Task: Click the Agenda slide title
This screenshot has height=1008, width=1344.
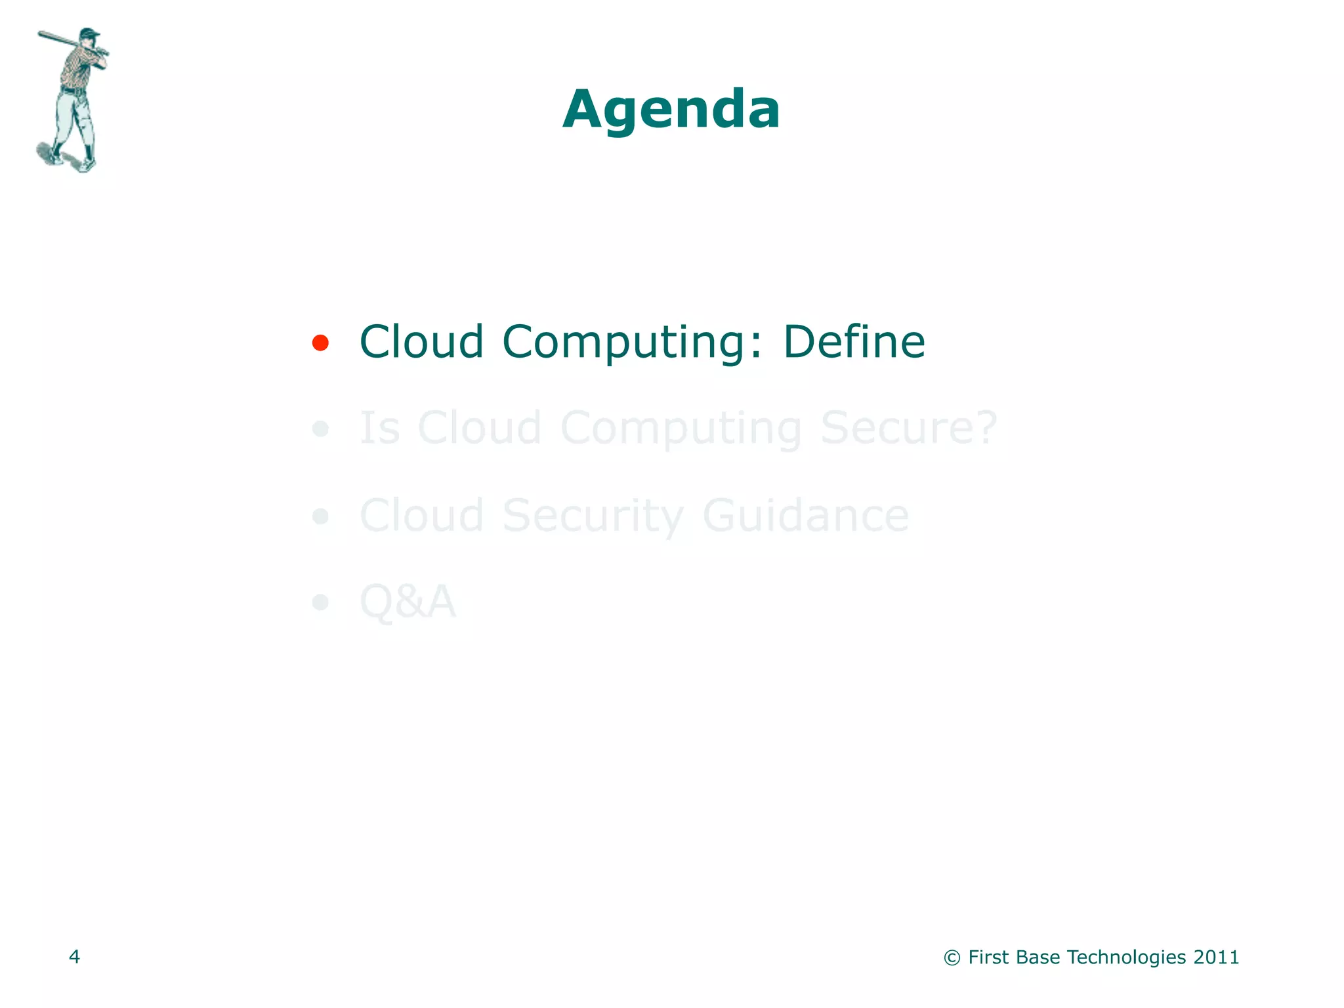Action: point(671,110)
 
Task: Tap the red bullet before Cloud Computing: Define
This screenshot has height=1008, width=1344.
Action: point(320,343)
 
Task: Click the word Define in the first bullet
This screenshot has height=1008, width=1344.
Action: point(854,342)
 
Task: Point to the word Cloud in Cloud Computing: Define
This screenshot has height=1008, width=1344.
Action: point(421,342)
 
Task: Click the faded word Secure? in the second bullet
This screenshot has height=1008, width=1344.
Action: point(908,428)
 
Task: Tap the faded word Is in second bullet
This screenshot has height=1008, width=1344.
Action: point(379,428)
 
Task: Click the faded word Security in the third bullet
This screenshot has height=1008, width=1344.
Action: point(593,516)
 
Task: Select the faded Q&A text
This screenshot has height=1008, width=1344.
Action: point(408,601)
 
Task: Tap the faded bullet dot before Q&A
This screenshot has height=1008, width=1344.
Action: point(320,602)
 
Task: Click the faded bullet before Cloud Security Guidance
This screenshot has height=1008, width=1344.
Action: point(320,516)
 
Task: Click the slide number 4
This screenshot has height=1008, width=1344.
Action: point(74,957)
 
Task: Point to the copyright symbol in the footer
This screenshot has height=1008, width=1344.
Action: point(952,958)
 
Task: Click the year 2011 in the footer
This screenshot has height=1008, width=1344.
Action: point(1216,957)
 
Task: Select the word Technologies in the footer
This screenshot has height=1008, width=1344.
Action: point(1126,957)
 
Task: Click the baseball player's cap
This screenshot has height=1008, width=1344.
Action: point(89,33)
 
